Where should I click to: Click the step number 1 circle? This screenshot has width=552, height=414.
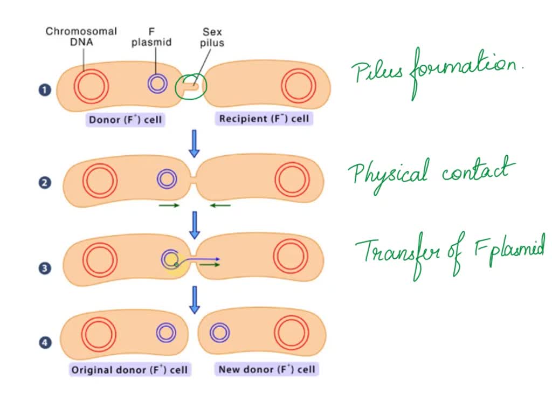(x=44, y=89)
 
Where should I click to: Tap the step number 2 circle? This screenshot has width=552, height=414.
(x=44, y=182)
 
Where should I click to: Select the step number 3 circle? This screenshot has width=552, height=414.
(x=44, y=268)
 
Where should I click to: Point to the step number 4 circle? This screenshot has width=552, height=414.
(x=44, y=342)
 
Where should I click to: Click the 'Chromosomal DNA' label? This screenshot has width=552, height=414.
(x=81, y=37)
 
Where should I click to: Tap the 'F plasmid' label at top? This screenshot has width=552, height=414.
(x=151, y=37)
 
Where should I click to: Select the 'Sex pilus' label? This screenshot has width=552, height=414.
(x=212, y=37)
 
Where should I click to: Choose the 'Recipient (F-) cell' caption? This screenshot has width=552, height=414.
(x=264, y=119)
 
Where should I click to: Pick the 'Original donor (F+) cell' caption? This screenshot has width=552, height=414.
(x=129, y=370)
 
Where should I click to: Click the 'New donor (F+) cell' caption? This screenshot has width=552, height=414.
(x=266, y=369)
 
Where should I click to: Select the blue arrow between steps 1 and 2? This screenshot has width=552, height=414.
(x=194, y=143)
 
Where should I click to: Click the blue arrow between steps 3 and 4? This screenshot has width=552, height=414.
(x=194, y=300)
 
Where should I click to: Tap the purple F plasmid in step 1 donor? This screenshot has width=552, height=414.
(x=157, y=83)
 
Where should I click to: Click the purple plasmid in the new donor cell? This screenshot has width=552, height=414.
(x=220, y=333)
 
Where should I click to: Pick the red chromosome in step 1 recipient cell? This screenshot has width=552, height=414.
(x=299, y=86)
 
